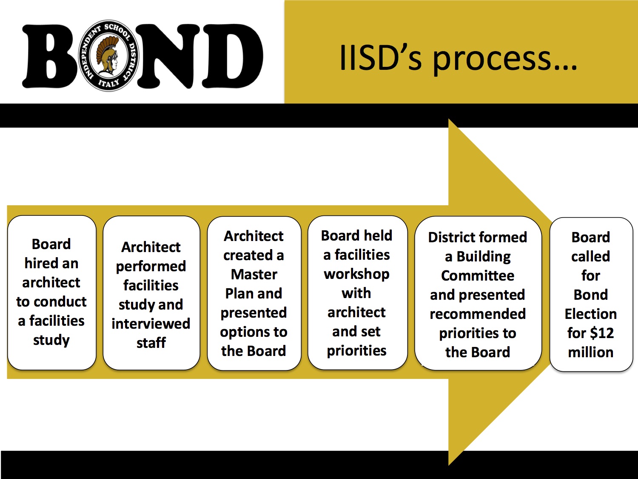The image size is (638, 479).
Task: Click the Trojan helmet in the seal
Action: (107, 55)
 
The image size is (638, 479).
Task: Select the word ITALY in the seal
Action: (109, 83)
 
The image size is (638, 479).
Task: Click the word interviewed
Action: (151, 324)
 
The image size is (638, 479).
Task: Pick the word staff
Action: (151, 343)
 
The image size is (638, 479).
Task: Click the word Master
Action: (254, 275)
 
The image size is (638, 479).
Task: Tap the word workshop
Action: (356, 275)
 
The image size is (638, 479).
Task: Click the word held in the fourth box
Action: (378, 235)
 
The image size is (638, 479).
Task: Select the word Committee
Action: (478, 276)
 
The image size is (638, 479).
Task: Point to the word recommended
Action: (478, 314)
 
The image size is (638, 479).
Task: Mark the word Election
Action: (591, 314)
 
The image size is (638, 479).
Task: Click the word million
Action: (591, 353)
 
